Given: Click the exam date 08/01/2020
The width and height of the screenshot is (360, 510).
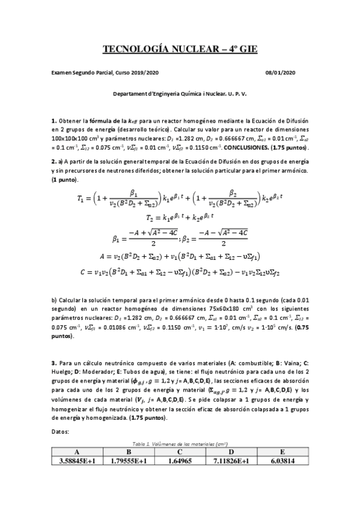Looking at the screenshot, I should coord(280,73).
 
